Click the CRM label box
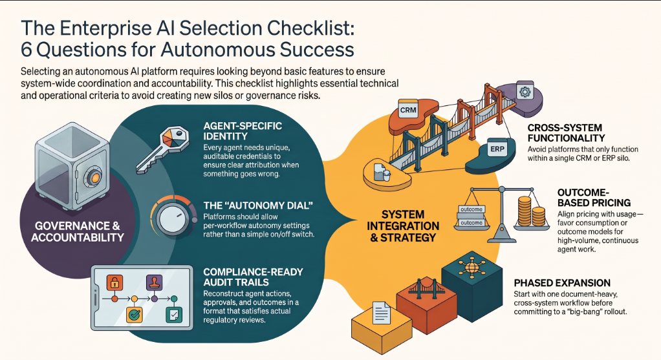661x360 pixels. coord(407,109)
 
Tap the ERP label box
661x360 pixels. coord(497,149)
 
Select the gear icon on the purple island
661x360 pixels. coord(525,91)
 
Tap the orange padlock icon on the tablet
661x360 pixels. coord(114,282)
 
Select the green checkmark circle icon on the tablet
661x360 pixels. coord(135,314)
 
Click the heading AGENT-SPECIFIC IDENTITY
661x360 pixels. coord(243,131)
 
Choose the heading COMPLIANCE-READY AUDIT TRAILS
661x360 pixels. coord(253,277)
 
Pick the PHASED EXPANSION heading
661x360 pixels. coord(562,283)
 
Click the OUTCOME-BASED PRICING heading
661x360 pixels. coord(594,198)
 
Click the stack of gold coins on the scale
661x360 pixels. coord(531,211)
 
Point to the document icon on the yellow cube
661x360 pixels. coord(381,312)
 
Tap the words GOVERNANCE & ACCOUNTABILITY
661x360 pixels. coord(78,232)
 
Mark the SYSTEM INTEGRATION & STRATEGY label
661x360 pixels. coord(402,226)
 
